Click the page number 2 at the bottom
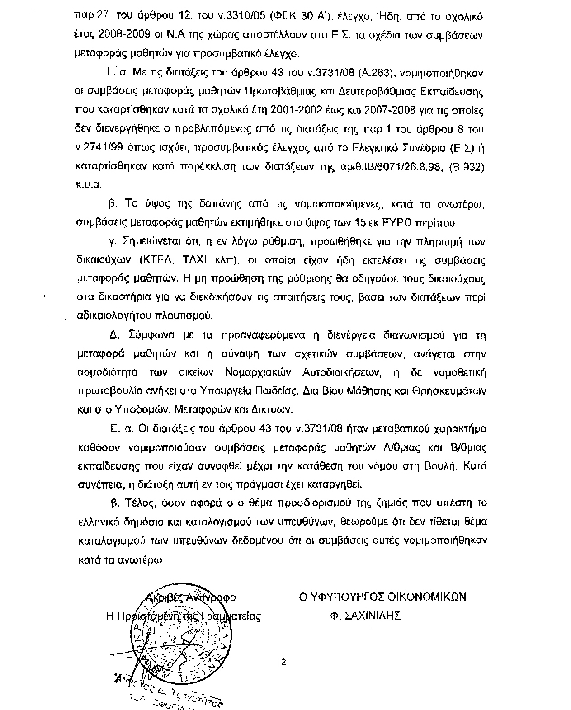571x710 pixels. tap(283, 663)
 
